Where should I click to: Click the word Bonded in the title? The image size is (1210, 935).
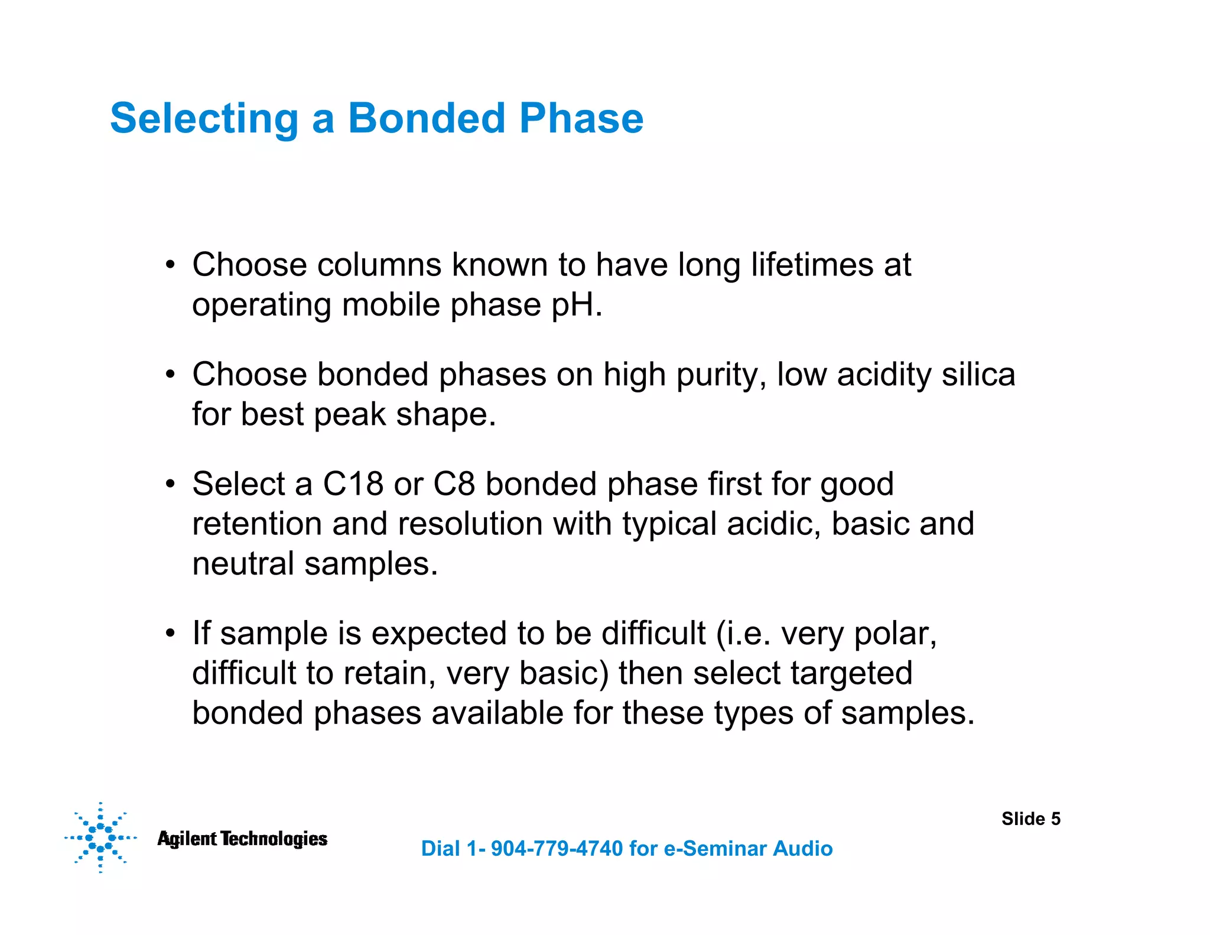[425, 118]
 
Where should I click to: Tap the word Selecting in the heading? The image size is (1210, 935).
[204, 119]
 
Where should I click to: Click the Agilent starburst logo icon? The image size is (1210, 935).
[100, 837]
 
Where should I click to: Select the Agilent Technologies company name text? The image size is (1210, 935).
[242, 839]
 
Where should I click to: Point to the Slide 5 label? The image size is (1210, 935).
[1030, 819]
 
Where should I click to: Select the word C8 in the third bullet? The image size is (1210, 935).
[454, 484]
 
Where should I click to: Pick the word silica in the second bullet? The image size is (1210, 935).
[978, 375]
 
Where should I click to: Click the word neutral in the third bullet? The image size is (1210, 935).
[243, 564]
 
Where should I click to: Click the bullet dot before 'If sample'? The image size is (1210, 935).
[170, 634]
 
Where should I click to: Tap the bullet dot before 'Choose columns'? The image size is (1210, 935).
[170, 265]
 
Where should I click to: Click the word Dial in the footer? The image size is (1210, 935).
[440, 849]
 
